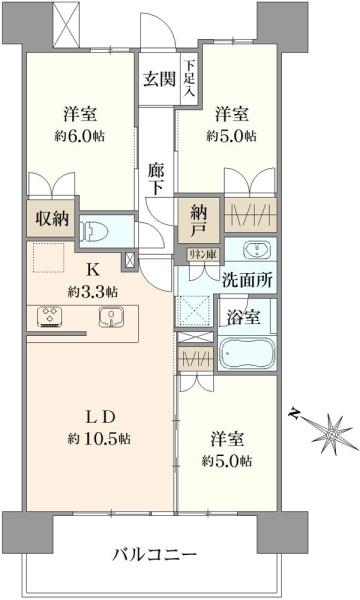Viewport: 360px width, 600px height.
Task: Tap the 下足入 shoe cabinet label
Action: [x=187, y=78]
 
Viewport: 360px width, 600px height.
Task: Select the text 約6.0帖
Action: [x=81, y=136]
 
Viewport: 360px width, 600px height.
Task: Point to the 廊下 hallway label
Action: [x=155, y=180]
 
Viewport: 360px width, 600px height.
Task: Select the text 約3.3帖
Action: [x=92, y=291]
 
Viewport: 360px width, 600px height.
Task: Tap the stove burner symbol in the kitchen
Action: [x=50, y=318]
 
